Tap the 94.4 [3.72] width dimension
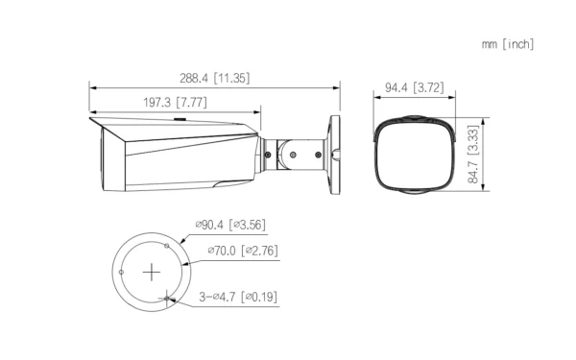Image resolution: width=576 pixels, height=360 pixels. (413, 88)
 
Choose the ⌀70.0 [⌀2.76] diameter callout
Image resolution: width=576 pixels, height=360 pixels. (243, 252)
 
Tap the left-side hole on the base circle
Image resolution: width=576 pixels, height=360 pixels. (121, 271)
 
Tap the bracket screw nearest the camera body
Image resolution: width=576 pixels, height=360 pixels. (268, 152)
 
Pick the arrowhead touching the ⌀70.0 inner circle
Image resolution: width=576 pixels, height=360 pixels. (175, 254)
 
